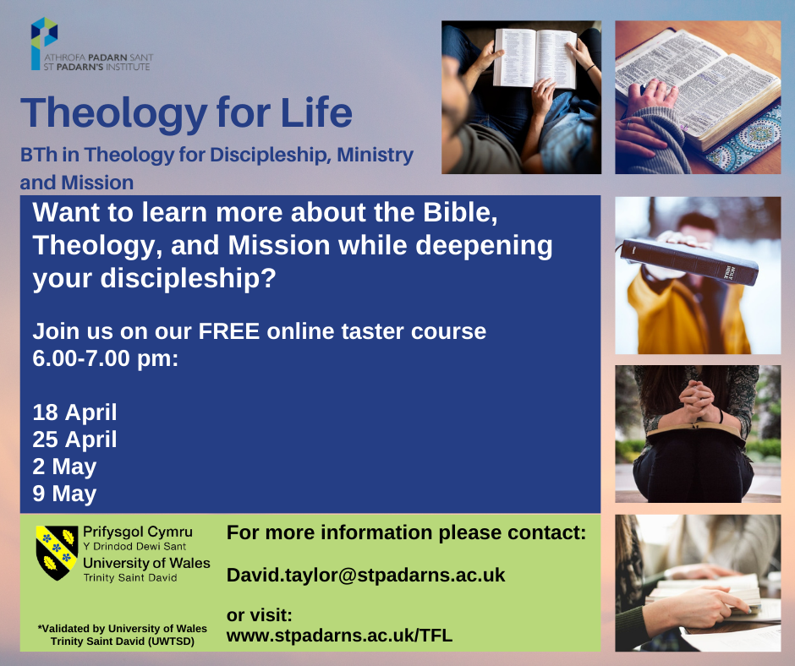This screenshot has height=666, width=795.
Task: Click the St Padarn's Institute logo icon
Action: tap(44, 43)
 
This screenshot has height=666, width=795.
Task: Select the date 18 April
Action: tap(74, 412)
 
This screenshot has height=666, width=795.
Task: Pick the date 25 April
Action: tap(74, 439)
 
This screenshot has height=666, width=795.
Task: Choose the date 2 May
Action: tap(64, 467)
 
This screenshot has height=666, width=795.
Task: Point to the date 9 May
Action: tap(64, 494)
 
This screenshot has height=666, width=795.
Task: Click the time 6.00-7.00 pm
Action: tap(106, 358)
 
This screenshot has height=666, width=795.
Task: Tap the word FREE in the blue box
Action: tap(229, 331)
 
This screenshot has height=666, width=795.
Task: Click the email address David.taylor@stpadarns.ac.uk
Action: tap(365, 576)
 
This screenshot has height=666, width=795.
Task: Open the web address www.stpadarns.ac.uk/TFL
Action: tap(339, 636)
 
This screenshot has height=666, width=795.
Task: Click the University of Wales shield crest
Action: tap(57, 553)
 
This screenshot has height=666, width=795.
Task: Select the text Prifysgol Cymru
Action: tap(137, 532)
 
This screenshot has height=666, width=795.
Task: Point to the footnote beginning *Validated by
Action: tap(122, 635)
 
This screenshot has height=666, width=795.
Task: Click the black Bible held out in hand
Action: tap(689, 261)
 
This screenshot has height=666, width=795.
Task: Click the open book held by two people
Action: tap(535, 58)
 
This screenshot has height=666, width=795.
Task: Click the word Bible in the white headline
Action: tap(460, 212)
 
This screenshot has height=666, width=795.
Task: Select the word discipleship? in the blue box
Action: tap(188, 279)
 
